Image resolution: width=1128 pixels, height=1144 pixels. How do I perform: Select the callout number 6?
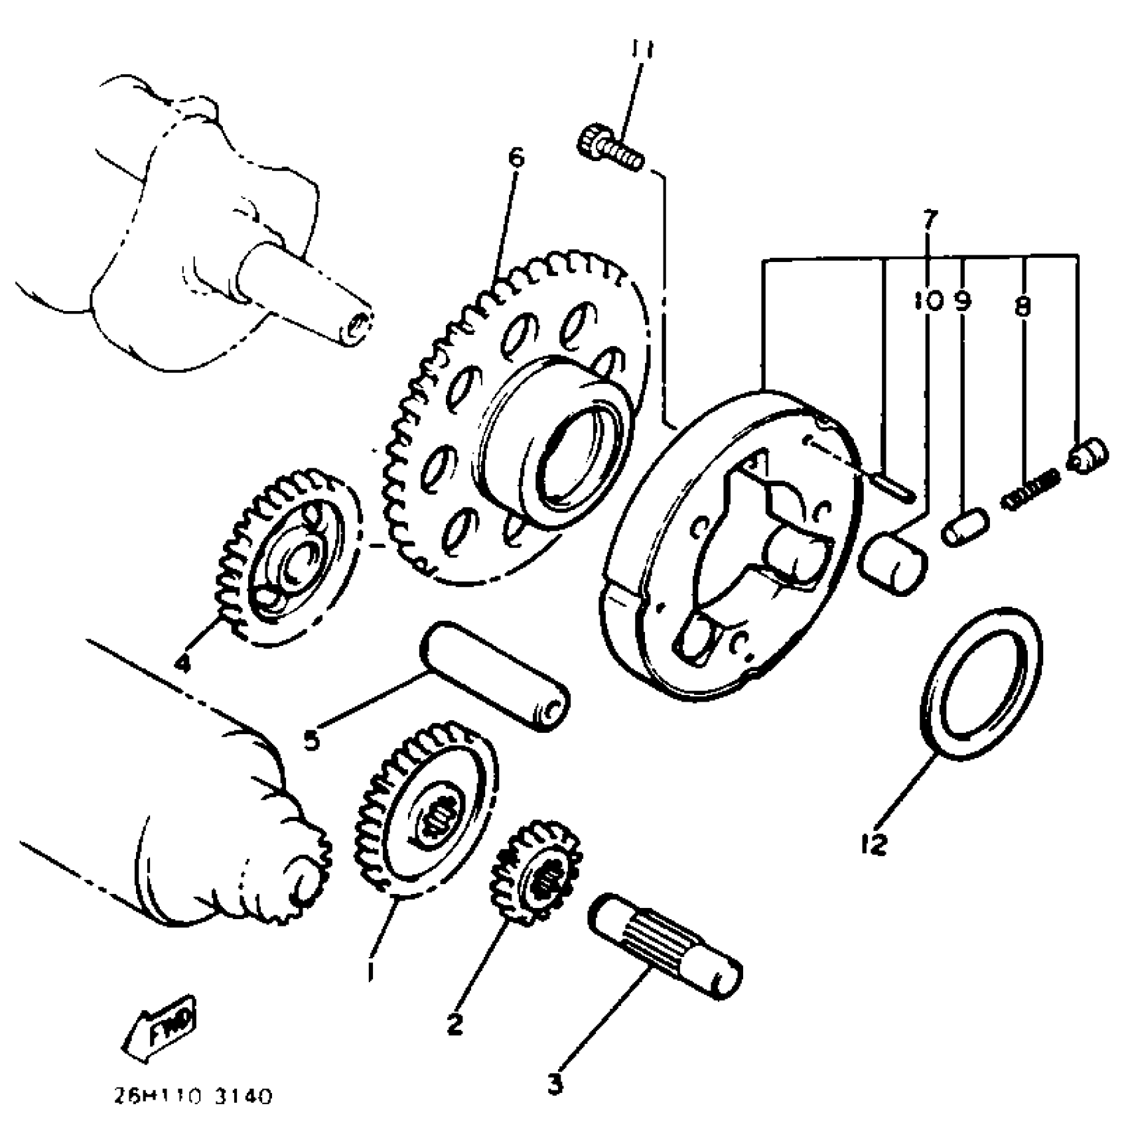[516, 158]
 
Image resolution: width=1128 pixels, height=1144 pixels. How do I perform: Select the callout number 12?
[874, 844]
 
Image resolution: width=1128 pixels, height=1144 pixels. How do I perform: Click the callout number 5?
[312, 738]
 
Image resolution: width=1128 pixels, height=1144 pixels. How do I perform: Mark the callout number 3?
[555, 1085]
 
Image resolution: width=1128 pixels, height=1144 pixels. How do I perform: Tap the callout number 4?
[182, 662]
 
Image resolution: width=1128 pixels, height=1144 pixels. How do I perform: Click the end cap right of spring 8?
[1088, 456]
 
